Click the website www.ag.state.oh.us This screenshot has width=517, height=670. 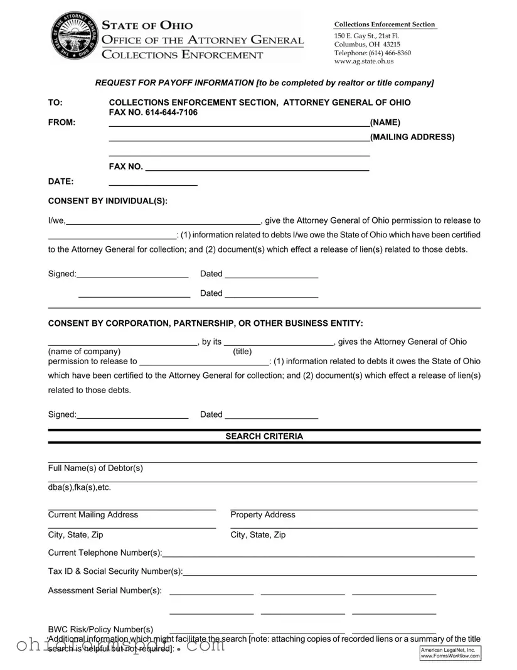[x=364, y=62]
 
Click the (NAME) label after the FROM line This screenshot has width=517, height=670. [x=385, y=122]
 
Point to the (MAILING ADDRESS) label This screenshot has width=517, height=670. [x=412, y=137]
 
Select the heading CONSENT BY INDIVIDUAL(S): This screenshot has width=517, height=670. [x=108, y=201]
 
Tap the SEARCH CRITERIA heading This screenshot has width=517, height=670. [x=264, y=436]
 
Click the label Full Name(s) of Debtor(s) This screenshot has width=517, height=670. [x=95, y=468]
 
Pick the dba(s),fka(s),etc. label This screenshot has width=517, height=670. [x=80, y=487]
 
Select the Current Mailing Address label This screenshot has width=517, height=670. [x=93, y=515]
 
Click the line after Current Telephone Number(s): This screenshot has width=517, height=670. [x=318, y=554]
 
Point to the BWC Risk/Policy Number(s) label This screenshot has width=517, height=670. [x=100, y=629]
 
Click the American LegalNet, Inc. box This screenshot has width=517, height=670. [x=450, y=653]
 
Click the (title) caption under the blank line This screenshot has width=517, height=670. [x=242, y=352]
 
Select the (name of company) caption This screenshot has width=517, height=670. [x=84, y=352]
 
